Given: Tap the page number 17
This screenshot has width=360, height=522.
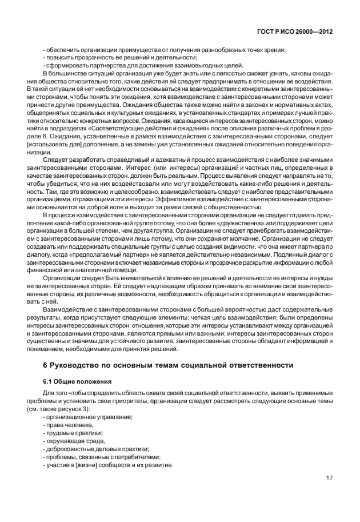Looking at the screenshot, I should click(x=330, y=479).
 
